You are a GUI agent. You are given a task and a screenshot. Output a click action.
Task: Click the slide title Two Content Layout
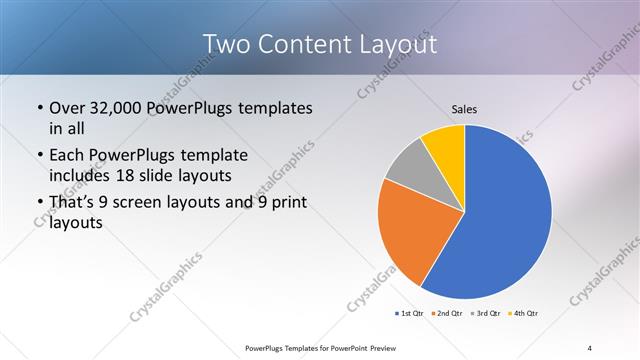pos(319,45)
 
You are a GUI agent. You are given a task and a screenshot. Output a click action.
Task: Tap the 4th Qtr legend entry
pos(525,314)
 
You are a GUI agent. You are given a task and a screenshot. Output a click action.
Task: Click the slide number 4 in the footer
pos(590,347)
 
